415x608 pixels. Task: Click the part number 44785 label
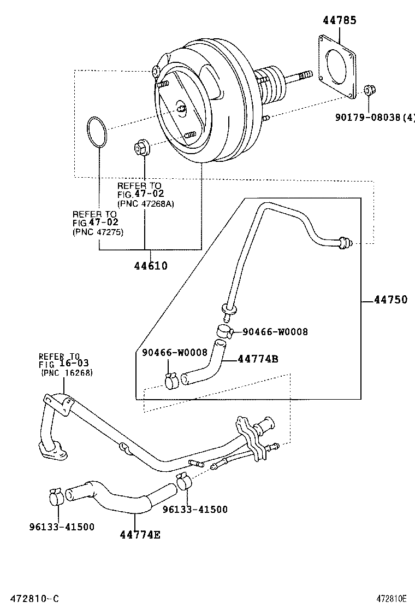pyautogui.click(x=339, y=20)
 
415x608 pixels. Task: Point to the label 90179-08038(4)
pyautogui.click(x=375, y=116)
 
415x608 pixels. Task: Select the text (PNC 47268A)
pyautogui.click(x=146, y=204)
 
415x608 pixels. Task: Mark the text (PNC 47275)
pyautogui.click(x=98, y=232)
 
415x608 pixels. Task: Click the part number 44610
pyautogui.click(x=151, y=266)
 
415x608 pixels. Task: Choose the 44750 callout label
pyautogui.click(x=390, y=300)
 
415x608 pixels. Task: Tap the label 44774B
pyautogui.click(x=258, y=359)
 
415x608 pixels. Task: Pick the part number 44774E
pyautogui.click(x=140, y=534)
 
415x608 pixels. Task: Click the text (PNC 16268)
pyautogui.click(x=67, y=372)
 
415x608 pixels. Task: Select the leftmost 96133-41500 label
pyautogui.click(x=62, y=527)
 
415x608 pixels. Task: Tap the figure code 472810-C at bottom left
pyautogui.click(x=30, y=599)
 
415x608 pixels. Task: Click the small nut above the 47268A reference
pyautogui.click(x=141, y=148)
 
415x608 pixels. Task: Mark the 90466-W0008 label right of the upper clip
pyautogui.click(x=275, y=331)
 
